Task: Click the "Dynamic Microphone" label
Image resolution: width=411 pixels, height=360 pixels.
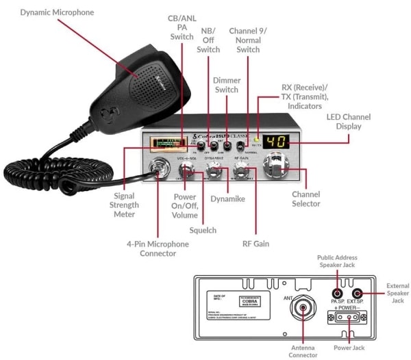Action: coord(57,12)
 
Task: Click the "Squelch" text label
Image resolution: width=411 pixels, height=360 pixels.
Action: coord(203,230)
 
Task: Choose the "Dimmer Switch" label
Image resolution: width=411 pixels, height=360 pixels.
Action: coord(227,85)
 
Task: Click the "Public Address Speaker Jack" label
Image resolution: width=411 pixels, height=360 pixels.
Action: coord(336,261)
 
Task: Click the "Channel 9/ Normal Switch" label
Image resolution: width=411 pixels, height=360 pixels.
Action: coord(248,40)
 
